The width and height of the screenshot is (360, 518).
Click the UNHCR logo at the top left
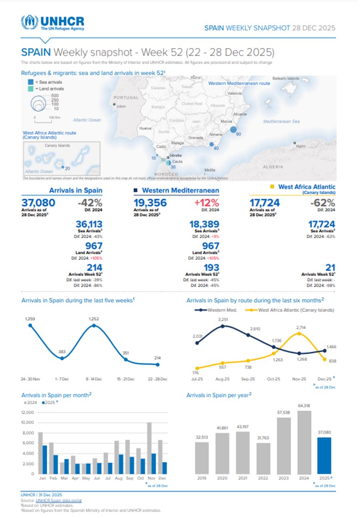pyautogui.click(x=52, y=22)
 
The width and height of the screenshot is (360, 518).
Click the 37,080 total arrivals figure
pyautogui.click(x=38, y=202)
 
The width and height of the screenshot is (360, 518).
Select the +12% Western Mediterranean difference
pyautogui.click(x=205, y=202)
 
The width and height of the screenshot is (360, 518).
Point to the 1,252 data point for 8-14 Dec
pyautogui.click(x=94, y=326)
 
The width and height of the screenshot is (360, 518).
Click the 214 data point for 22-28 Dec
pyautogui.click(x=157, y=364)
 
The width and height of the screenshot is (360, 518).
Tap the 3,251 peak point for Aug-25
pyautogui.click(x=223, y=326)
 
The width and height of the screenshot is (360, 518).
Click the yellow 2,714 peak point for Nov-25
pyautogui.click(x=299, y=333)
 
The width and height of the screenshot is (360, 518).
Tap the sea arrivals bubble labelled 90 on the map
pyautogui.click(x=233, y=130)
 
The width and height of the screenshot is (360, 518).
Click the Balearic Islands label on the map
pyautogui.click(x=286, y=78)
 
